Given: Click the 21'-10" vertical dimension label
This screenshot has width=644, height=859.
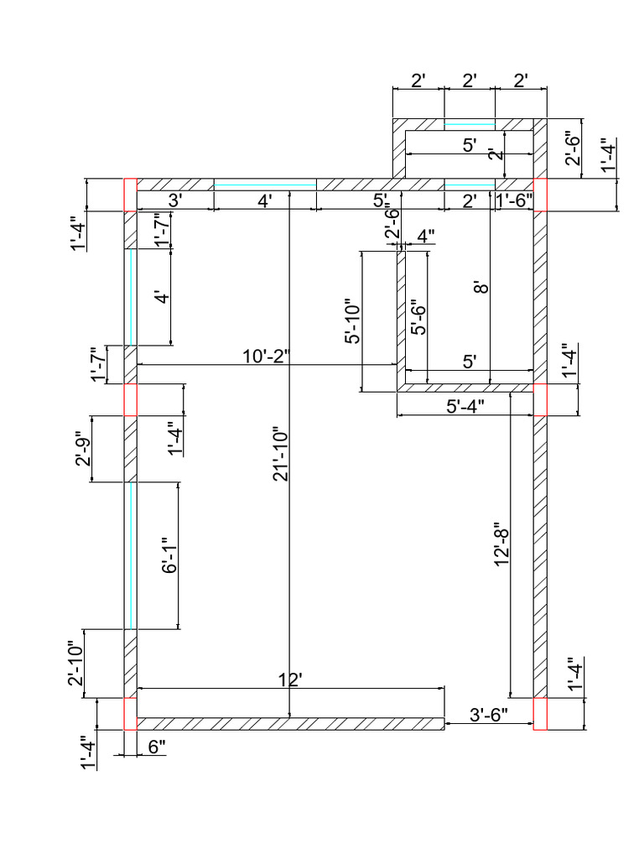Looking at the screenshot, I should point(280,456).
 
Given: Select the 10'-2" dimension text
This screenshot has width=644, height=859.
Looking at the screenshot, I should point(265,356).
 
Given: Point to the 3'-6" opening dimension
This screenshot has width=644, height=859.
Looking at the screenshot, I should point(488,716).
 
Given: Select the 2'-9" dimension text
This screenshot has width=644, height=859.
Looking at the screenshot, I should point(83,449).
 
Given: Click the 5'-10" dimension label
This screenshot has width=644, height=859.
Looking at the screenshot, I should point(352,321).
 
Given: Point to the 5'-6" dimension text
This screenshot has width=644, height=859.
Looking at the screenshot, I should point(418,317).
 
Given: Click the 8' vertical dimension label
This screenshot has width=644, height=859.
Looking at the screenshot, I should point(480,288).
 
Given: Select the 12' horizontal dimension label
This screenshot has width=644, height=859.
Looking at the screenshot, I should point(289,679).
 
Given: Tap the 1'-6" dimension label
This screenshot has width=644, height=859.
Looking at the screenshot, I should point(514,200).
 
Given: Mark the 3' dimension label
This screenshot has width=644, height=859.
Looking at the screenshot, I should point(175,200).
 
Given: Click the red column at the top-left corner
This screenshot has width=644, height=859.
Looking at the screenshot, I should point(130,195).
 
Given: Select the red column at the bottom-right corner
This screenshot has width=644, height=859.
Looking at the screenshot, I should point(540,714).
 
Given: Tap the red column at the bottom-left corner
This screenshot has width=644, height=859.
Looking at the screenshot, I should point(130,714).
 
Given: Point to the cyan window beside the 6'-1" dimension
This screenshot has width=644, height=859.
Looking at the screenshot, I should point(130,555).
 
